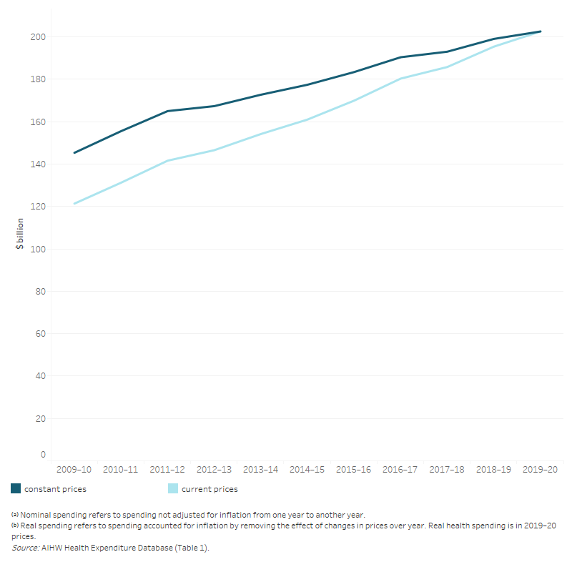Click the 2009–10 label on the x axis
[x=74, y=470]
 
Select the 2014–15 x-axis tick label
[x=307, y=470]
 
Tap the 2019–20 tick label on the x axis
[x=541, y=470]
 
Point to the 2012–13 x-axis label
[x=214, y=470]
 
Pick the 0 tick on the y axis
[x=43, y=455]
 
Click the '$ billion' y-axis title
[x=21, y=233]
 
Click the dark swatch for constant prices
[x=16, y=489]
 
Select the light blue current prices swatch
[x=173, y=489]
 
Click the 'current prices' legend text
[x=209, y=489]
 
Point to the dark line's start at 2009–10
[x=74, y=152]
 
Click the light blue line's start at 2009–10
[x=74, y=203]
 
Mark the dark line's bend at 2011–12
[x=167, y=111]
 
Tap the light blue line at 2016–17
[x=400, y=79]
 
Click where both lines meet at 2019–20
[x=541, y=31]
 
